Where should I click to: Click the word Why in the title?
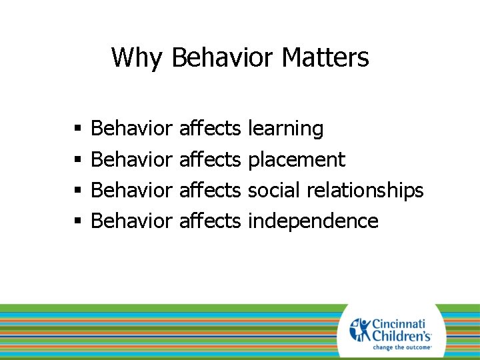136,58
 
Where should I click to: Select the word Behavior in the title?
222,58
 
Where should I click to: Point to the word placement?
296,160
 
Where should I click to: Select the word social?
274,190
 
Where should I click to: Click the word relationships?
365,191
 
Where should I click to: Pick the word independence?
313,221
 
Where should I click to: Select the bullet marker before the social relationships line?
78,191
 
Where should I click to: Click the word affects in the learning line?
210,129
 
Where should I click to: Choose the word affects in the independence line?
210,221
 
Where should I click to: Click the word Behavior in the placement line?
131,159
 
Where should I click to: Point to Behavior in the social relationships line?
131,190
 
